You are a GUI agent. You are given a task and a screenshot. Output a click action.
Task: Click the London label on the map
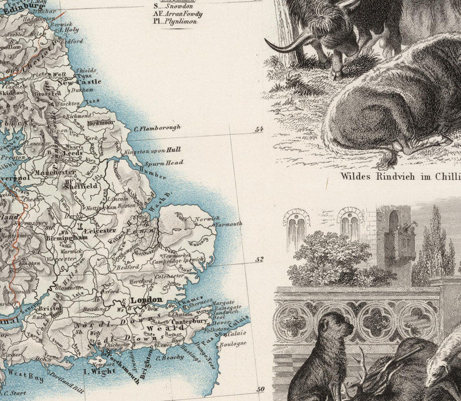coord(146,300)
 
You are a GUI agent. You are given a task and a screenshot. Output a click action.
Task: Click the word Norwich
coord(208,218)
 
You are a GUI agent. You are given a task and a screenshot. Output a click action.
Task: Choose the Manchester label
coord(54,172)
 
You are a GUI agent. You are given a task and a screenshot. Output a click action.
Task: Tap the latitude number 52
coord(259,259)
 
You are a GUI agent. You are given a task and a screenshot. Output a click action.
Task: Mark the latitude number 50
coord(259,389)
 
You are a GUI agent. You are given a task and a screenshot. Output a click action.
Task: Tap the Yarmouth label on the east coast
coord(229,223)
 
